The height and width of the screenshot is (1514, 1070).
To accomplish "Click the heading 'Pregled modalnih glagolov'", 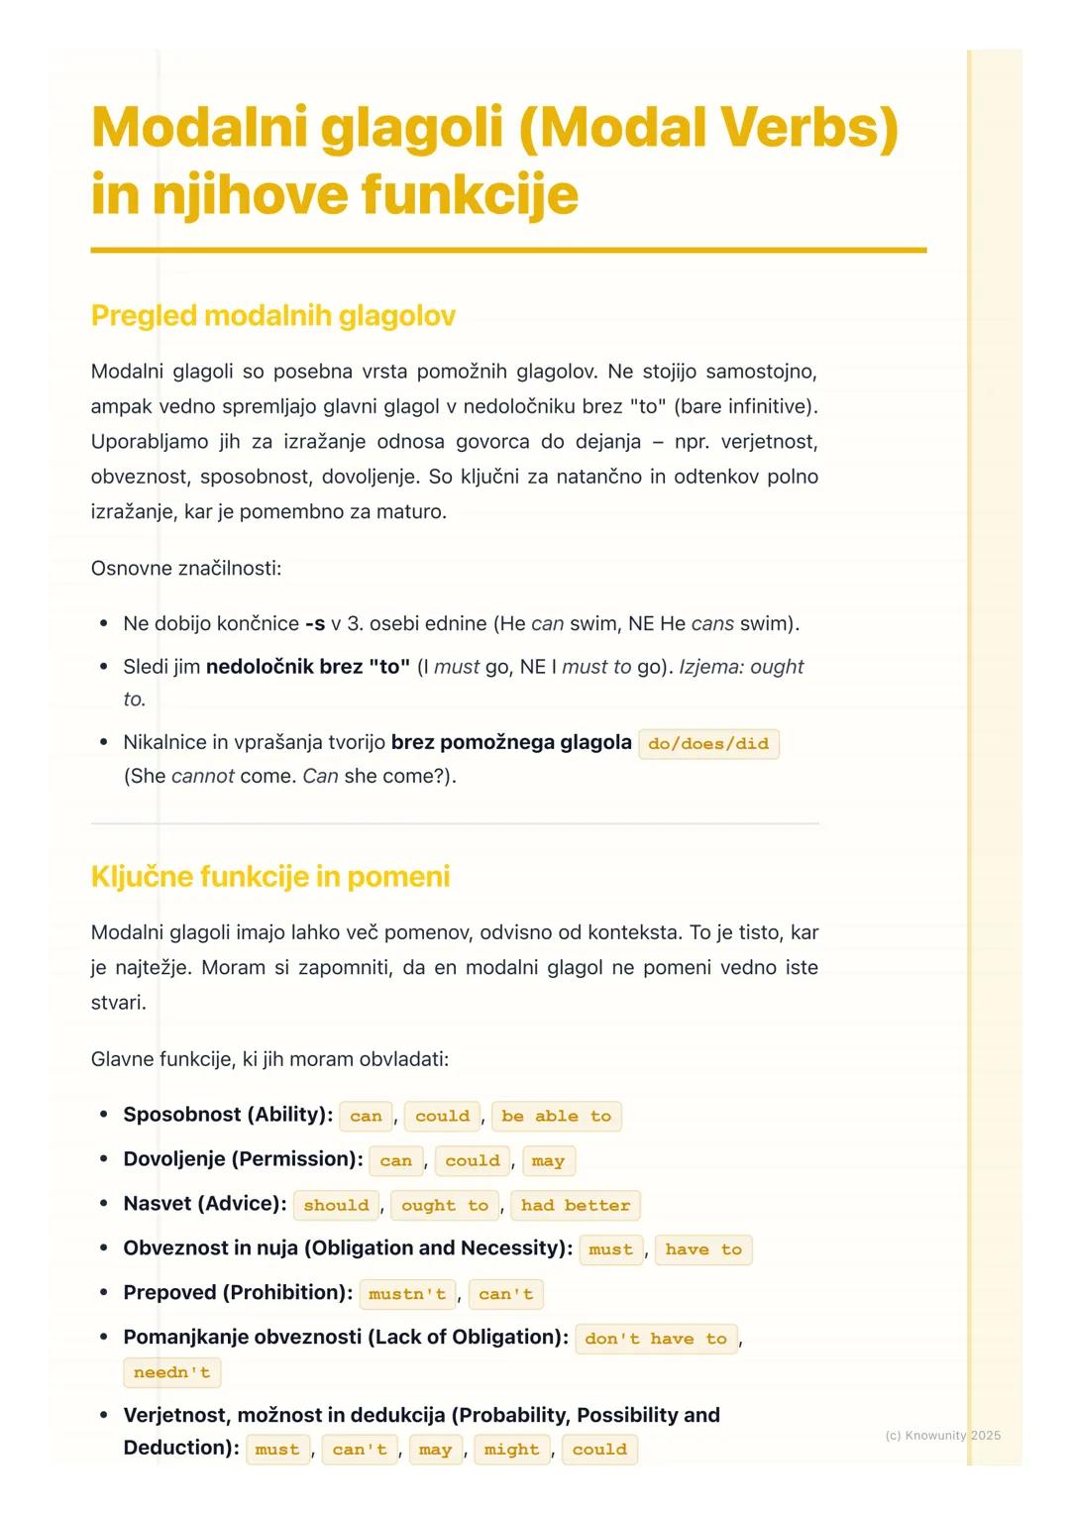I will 272,316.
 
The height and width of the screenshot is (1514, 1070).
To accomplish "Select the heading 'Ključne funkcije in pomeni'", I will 269,877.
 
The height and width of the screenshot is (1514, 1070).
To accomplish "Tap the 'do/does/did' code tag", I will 708,744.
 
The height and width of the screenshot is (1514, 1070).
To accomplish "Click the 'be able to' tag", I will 556,1117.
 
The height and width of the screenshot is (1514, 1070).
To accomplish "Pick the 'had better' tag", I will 575,1206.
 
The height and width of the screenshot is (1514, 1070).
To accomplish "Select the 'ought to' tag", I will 445,1206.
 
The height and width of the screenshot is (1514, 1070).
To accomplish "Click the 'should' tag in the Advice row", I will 336,1206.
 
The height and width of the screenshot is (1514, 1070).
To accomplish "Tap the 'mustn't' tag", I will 407,1295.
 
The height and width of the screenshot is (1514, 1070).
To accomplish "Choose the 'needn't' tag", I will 172,1373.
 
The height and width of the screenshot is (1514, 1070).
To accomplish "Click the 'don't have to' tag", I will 656,1340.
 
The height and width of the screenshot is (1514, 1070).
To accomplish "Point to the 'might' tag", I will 511,1451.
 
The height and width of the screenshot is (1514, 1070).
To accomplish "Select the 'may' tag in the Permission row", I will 548,1161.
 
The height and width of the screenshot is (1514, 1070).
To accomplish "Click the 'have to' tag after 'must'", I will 703,1250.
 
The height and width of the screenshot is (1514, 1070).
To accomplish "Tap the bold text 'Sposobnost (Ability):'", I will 228,1115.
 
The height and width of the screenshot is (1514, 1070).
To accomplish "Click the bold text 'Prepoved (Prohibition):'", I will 238,1293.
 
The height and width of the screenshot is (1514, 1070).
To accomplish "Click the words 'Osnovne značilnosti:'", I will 186,569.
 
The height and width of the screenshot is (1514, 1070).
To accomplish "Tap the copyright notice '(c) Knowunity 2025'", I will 942,1435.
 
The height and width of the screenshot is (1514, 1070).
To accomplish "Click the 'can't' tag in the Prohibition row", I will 505,1295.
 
